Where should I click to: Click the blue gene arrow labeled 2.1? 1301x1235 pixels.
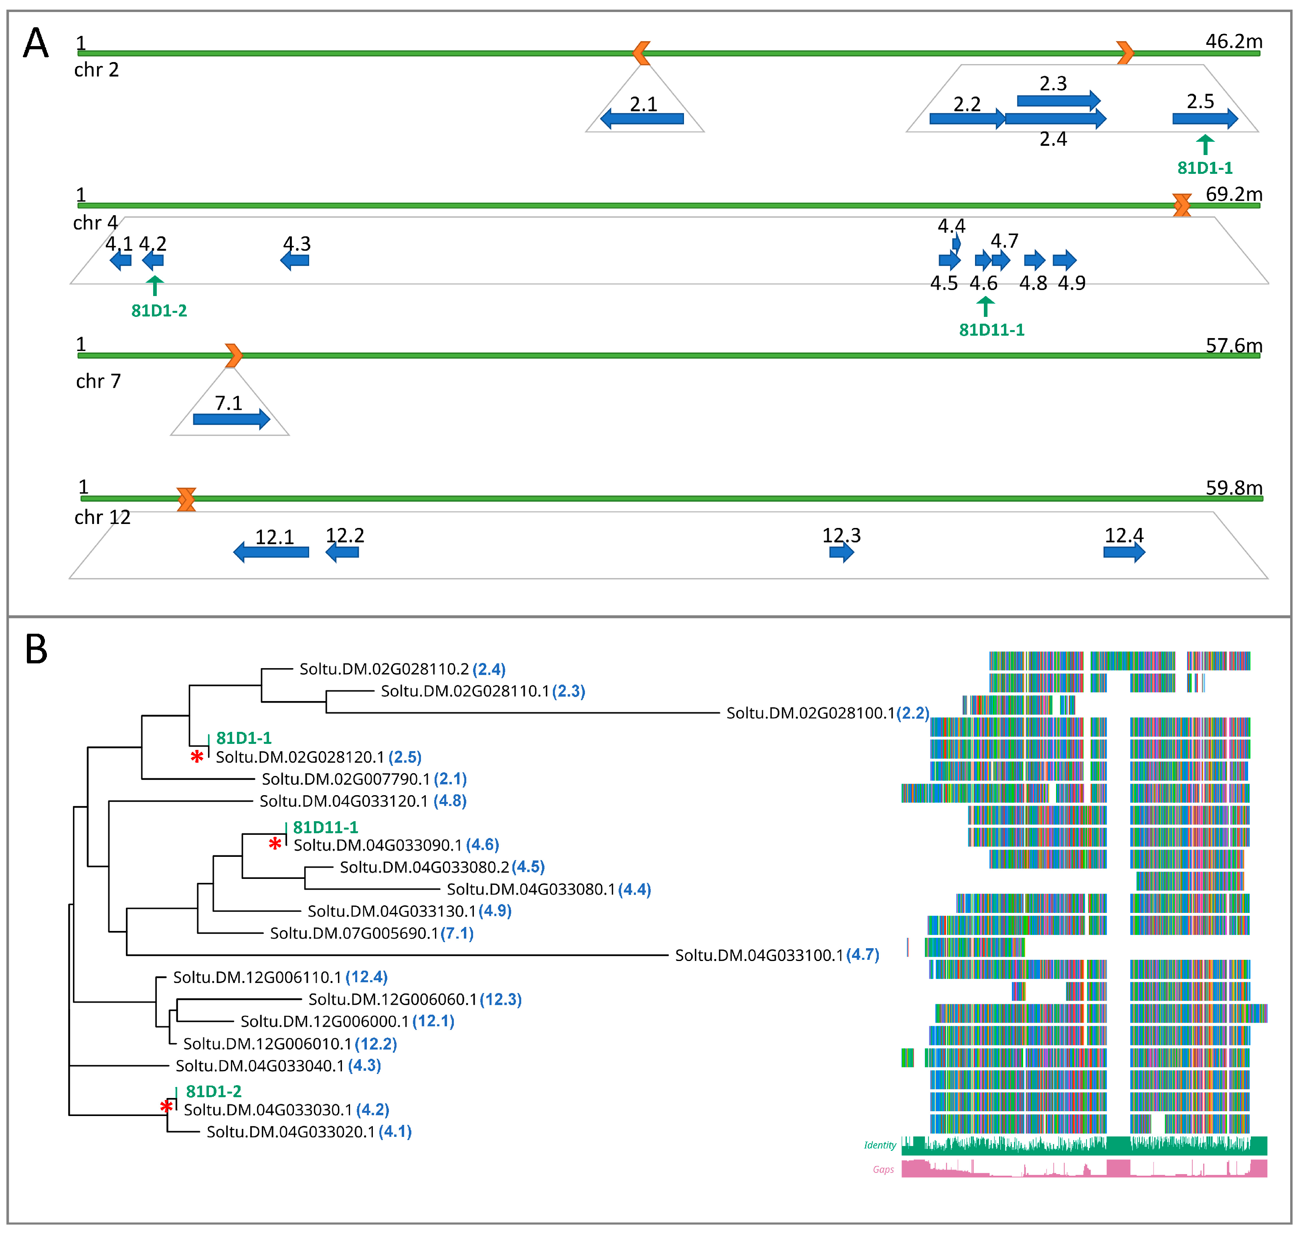[x=642, y=119]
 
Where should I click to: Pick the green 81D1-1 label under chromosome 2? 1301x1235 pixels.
[x=1205, y=168]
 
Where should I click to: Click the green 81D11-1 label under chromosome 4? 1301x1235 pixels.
[x=991, y=330]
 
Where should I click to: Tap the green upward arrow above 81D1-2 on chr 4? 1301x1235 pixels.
[x=155, y=286]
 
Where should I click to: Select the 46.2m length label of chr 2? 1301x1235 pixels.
[x=1234, y=42]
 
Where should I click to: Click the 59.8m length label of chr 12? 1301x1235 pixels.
[x=1234, y=488]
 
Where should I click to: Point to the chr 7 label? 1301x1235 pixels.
[x=98, y=381]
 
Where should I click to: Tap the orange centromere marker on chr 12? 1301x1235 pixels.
[x=186, y=500]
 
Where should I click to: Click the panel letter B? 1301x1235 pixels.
[x=36, y=649]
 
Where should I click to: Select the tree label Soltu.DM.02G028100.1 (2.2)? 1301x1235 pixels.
[x=828, y=713]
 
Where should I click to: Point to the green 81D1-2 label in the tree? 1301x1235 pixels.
[x=213, y=1092]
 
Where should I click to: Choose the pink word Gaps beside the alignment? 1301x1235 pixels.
[x=883, y=1170]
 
